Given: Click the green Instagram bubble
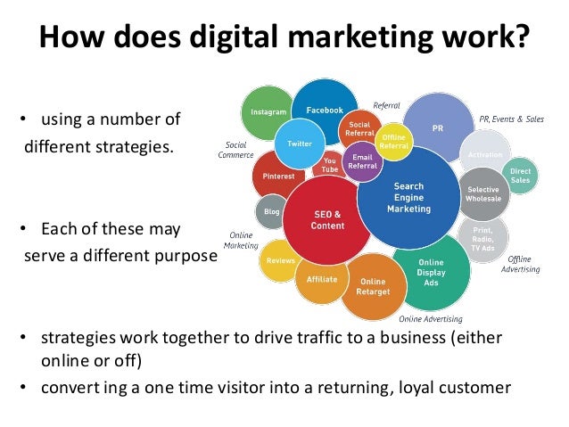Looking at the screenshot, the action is [x=268, y=113].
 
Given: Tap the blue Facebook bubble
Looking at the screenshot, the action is [x=325, y=109].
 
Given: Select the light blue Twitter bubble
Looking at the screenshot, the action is [x=299, y=144].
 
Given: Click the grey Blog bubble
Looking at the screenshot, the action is [x=270, y=211].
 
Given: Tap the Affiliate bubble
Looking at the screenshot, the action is [x=321, y=278].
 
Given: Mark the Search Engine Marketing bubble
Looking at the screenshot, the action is [x=409, y=198].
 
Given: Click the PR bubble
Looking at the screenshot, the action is [x=436, y=127].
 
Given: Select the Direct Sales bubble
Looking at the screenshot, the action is [x=520, y=175].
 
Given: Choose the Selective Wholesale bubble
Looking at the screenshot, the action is [x=482, y=193].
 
